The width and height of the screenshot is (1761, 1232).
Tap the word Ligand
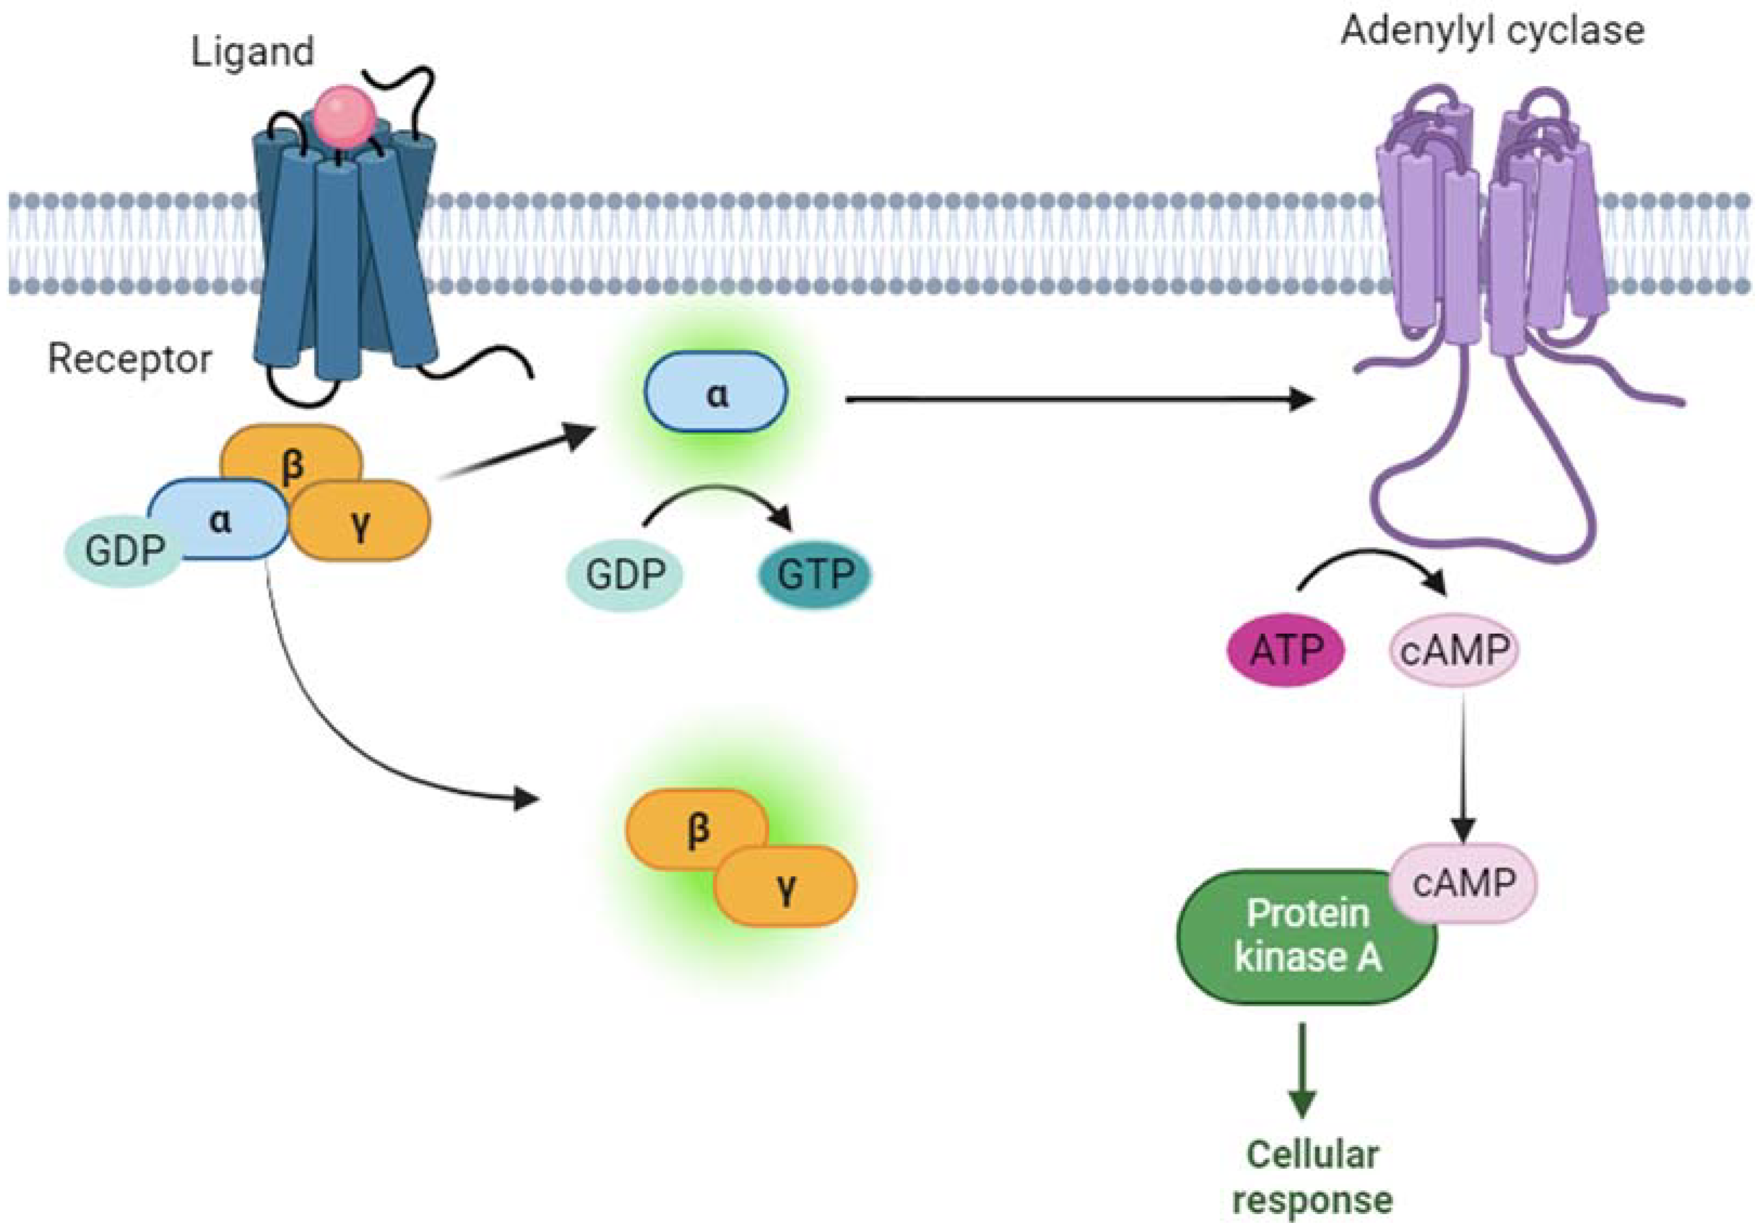[252, 52]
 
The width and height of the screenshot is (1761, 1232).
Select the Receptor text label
[129, 359]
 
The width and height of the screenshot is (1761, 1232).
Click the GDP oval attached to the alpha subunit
[123, 550]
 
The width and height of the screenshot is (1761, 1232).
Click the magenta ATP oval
[1286, 650]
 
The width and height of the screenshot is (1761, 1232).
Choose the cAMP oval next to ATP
[1453, 650]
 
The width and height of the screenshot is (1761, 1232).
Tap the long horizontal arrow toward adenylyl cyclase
[1074, 399]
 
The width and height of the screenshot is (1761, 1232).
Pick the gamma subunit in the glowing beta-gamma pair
[785, 888]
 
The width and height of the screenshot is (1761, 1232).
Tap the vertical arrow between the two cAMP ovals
[1463, 767]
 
